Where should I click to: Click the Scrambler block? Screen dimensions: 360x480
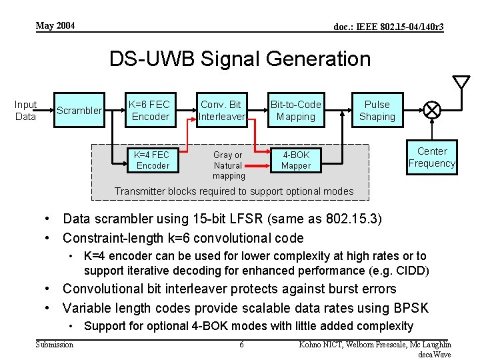(79, 111)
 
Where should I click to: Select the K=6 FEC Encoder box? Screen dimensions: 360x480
(150, 111)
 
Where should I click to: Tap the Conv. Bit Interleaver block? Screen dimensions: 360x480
(221, 111)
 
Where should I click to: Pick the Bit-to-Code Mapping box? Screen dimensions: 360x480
(295, 111)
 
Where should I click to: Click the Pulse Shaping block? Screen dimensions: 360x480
(377, 111)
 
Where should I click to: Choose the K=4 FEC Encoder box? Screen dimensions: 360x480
(153, 161)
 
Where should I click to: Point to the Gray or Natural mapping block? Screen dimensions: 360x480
(228, 165)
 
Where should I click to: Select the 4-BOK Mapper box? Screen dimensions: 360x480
(295, 161)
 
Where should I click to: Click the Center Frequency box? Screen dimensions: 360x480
(432, 157)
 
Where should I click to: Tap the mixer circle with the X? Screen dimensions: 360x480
(432, 108)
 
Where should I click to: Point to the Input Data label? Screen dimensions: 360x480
(25, 111)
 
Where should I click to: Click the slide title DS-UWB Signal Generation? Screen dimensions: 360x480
(240, 59)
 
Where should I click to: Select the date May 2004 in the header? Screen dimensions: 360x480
(55, 26)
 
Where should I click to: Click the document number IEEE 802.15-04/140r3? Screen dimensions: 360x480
(389, 27)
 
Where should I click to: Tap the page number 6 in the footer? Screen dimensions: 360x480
(241, 345)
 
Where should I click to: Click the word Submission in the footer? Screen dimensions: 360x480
(55, 344)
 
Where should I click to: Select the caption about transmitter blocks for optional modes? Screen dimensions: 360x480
(234, 191)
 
